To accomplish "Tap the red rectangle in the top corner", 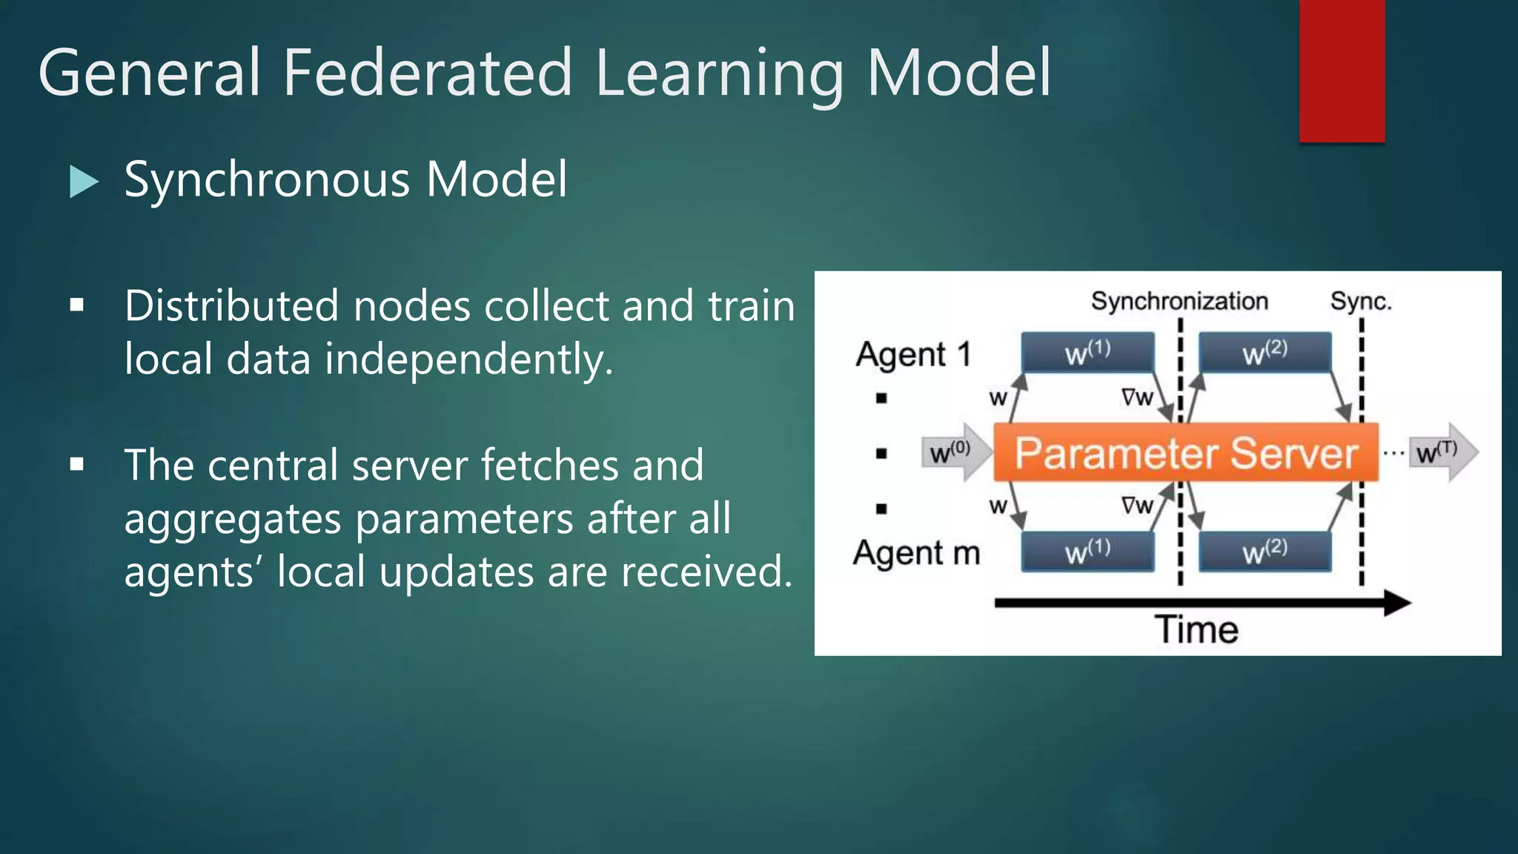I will click(x=1342, y=70).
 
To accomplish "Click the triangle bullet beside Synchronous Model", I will click(x=83, y=181).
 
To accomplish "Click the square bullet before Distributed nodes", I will click(x=76, y=305).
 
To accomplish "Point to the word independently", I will click(x=468, y=360).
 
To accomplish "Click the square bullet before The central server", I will click(x=76, y=465).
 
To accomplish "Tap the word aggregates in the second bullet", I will click(x=232, y=518).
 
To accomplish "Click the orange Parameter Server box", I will click(x=1185, y=453).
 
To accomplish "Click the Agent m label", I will click(x=916, y=553).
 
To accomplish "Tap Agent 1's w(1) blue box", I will click(x=1087, y=352).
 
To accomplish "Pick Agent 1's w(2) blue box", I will click(x=1265, y=352).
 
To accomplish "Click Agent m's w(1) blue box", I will click(x=1087, y=552).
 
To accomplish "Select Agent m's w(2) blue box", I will click(x=1265, y=552).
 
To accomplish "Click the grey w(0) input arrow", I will click(x=955, y=451).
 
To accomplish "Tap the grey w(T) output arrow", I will click(x=1442, y=451).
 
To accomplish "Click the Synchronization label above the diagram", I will click(x=1179, y=302).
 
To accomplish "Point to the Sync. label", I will click(x=1361, y=302).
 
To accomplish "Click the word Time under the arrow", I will click(x=1196, y=630).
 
